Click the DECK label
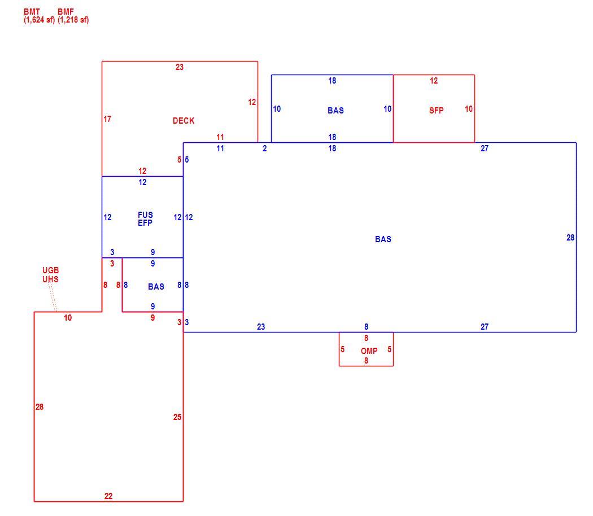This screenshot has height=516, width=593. tap(184, 121)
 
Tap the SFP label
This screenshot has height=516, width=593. tap(436, 111)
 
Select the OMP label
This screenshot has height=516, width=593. tap(369, 351)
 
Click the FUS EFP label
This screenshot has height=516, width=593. tap(145, 219)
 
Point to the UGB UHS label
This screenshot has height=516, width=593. tap(50, 275)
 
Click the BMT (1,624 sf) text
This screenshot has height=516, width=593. tap(39, 16)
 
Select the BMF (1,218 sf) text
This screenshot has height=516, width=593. tap(73, 16)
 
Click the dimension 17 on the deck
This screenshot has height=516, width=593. tap(107, 119)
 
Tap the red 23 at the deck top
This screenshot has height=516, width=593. tap(180, 67)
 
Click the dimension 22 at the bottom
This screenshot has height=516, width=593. tap(108, 496)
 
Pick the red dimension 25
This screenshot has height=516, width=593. tap(177, 417)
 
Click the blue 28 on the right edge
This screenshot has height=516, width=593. tap(570, 238)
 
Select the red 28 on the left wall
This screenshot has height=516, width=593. tap(40, 406)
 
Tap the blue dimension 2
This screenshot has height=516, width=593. tap(265, 148)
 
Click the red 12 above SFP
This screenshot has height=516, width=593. tap(434, 81)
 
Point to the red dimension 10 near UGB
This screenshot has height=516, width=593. tap(68, 317)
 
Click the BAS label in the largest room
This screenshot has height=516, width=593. tap(383, 239)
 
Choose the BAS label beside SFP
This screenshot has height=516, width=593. tap(336, 111)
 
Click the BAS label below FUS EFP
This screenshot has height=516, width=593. tap(156, 287)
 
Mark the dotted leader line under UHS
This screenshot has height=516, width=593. tap(53, 298)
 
